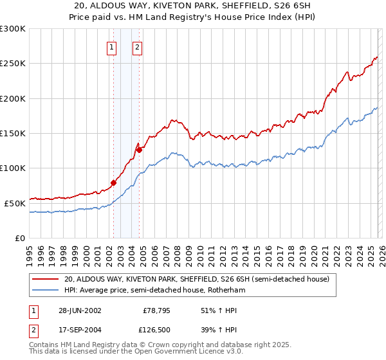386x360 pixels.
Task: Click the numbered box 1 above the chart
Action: pyautogui.click(x=112, y=46)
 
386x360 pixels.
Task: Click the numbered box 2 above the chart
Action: pyautogui.click(x=138, y=46)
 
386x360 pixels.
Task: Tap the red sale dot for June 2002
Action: pyautogui.click(x=113, y=183)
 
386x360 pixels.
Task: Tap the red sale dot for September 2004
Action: pyautogui.click(x=139, y=149)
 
